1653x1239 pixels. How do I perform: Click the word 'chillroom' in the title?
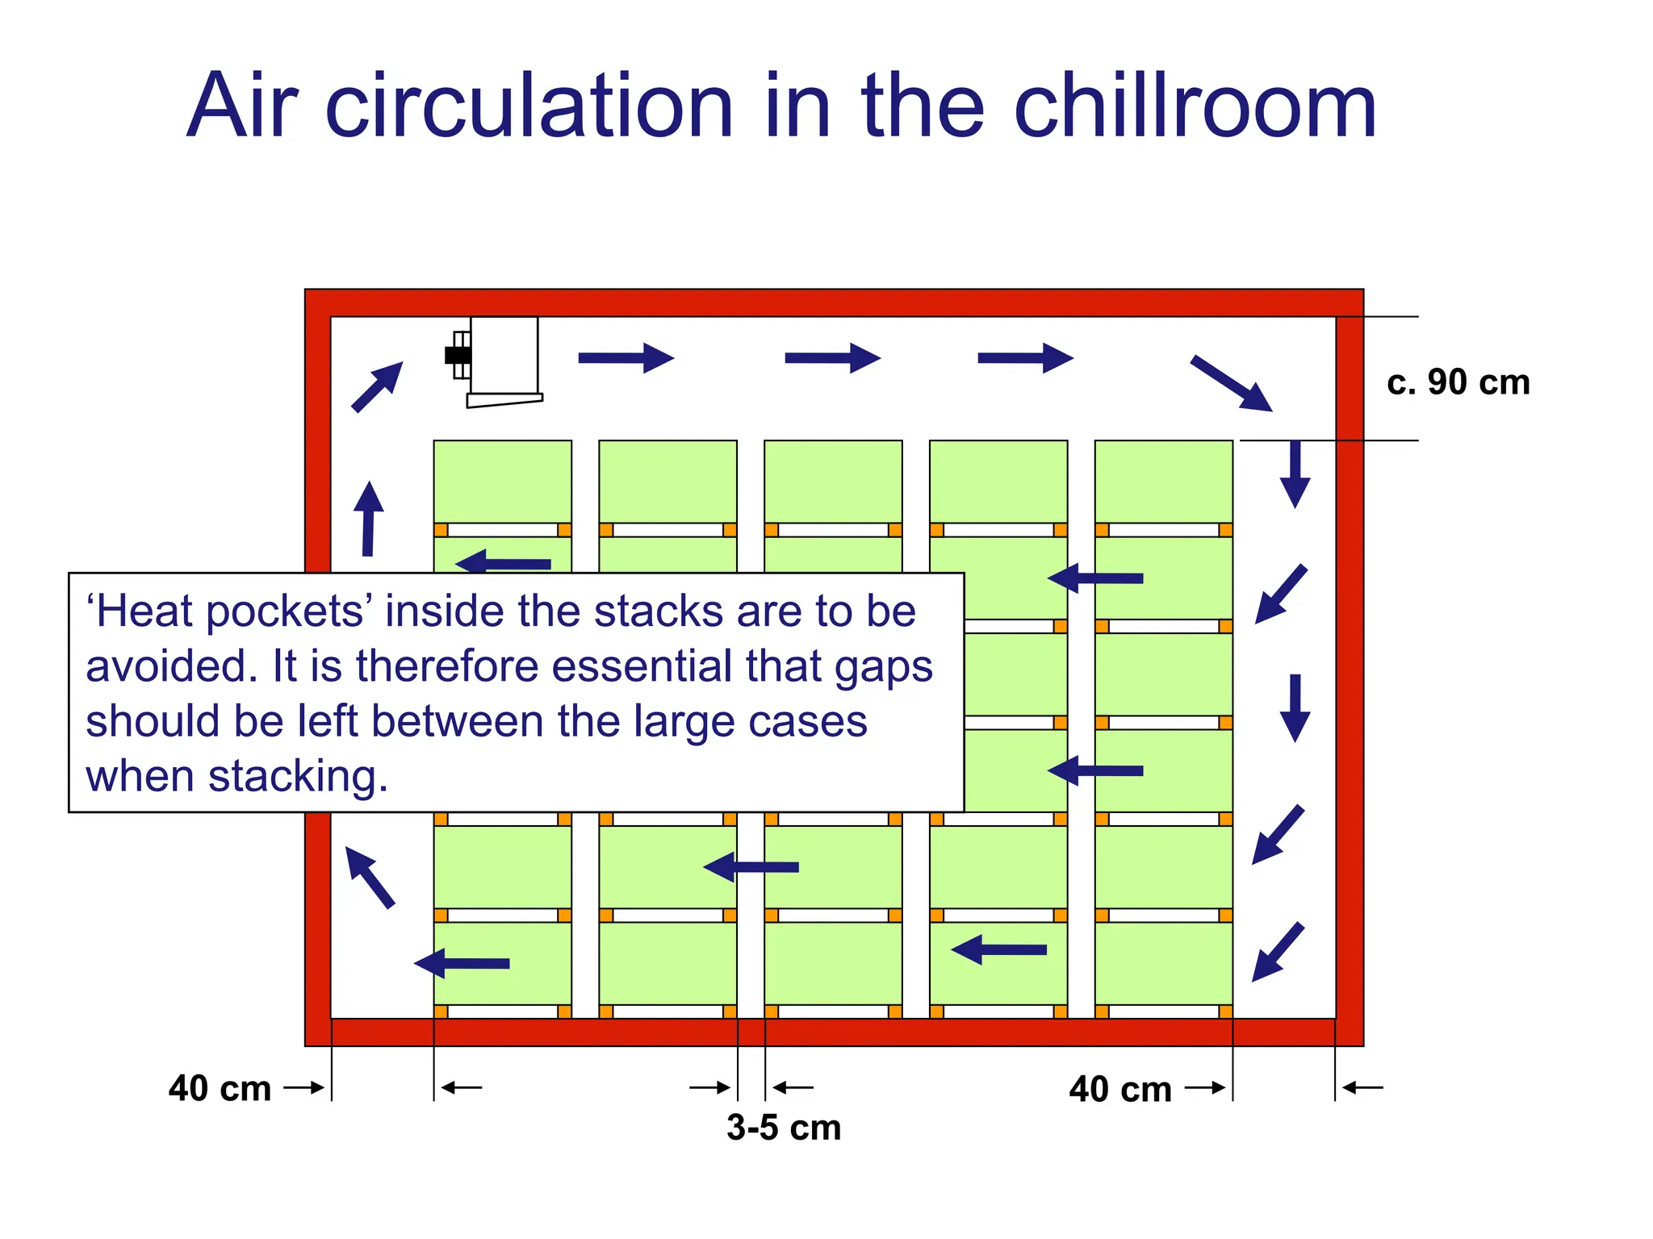tap(1194, 107)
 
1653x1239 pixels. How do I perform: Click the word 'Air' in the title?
tap(242, 107)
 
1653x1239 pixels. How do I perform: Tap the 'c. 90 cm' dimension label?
tap(1458, 382)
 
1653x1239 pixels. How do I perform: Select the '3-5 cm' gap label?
tap(783, 1127)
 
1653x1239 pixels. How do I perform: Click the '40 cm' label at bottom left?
tap(220, 1088)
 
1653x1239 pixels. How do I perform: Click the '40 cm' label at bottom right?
tap(1119, 1089)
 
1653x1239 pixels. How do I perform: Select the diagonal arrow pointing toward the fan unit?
tap(376, 387)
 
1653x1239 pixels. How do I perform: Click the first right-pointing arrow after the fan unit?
tap(626, 358)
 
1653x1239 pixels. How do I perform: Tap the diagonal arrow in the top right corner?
tap(1231, 383)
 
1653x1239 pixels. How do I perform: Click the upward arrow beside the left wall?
tap(368, 519)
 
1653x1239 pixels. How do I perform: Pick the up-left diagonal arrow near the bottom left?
tap(370, 877)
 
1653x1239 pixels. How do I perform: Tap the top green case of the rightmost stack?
tap(1163, 481)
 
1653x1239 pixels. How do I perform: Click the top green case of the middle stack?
tap(833, 481)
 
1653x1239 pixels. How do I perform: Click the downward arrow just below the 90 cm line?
tap(1295, 474)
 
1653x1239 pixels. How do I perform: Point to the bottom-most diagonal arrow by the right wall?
tap(1278, 952)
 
